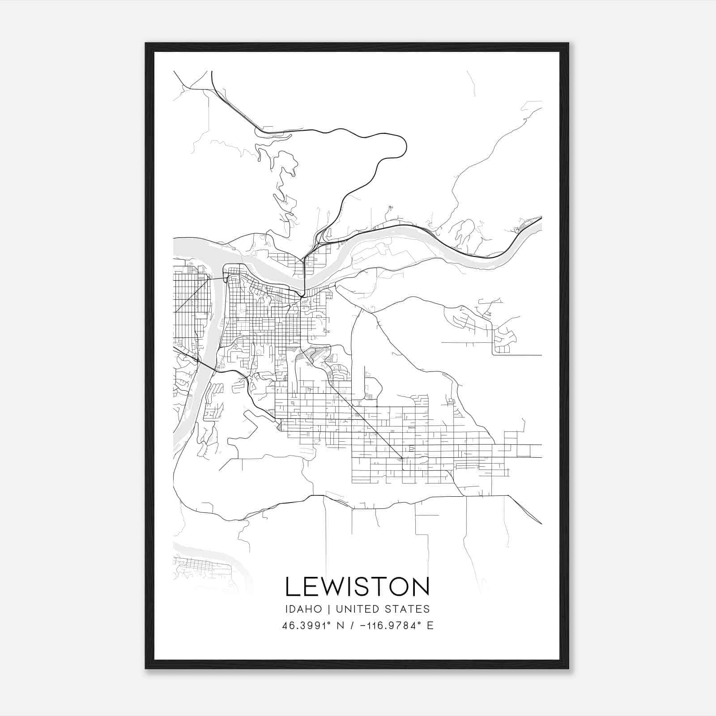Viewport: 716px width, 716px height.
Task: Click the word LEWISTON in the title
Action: click(357, 587)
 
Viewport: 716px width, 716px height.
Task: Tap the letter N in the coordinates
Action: click(341, 626)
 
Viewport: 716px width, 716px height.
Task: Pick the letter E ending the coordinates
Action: click(430, 626)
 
